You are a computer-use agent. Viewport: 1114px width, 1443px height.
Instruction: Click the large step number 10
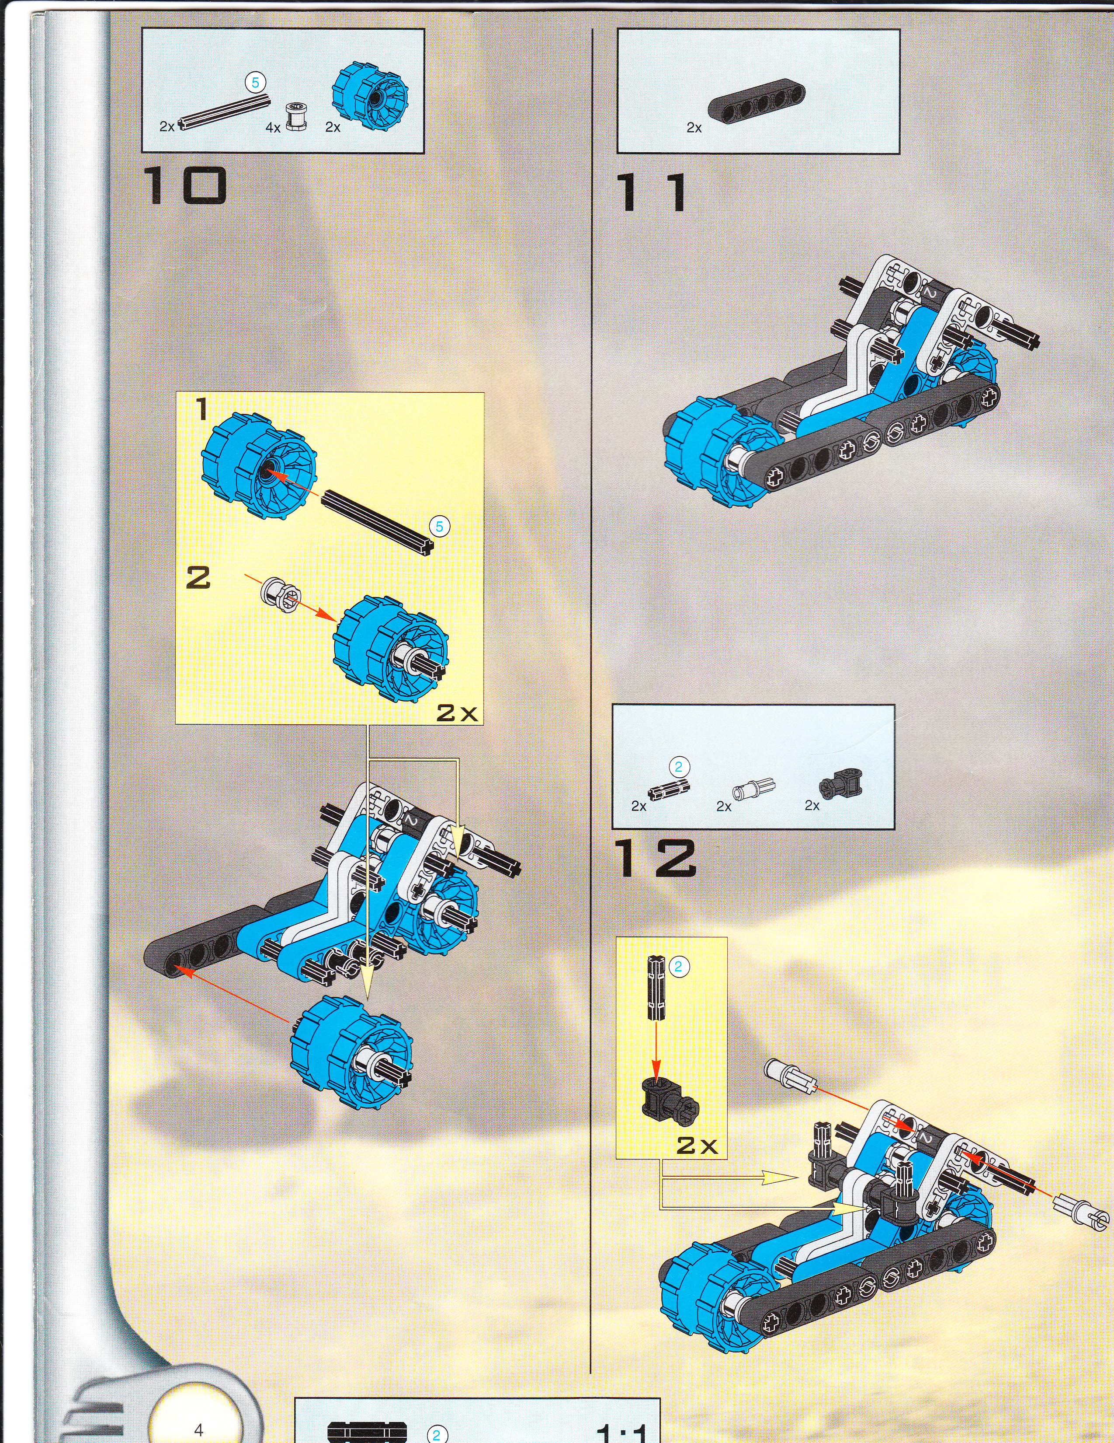[x=185, y=185]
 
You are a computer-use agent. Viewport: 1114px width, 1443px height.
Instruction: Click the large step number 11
[x=651, y=192]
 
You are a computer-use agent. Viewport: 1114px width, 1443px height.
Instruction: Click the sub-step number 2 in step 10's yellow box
[x=198, y=577]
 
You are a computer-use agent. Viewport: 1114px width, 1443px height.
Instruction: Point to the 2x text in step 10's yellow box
[x=456, y=712]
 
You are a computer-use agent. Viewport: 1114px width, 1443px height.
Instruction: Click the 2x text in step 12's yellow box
[x=697, y=1145]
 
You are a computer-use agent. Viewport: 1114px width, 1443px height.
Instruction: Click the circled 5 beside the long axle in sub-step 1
[x=439, y=527]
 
